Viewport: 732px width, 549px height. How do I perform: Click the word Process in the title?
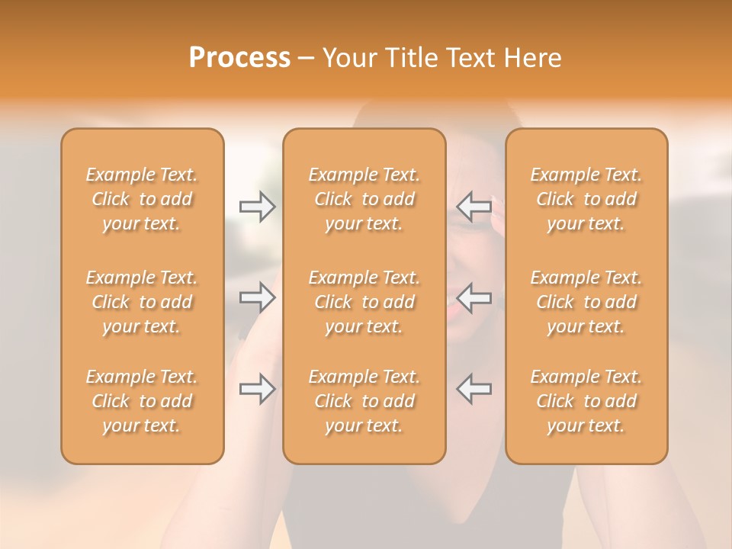pos(239,58)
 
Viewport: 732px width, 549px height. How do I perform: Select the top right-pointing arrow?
pos(257,207)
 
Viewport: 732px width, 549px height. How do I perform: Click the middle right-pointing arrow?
pos(257,297)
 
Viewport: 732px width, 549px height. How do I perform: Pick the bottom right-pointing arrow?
pos(257,389)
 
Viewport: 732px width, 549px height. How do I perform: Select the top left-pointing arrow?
pos(474,207)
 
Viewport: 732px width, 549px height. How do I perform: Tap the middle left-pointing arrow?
pos(474,297)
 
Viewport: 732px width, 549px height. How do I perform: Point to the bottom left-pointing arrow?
pos(474,389)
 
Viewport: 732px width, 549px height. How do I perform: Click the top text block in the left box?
pos(142,199)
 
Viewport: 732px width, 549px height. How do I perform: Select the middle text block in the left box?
pos(142,302)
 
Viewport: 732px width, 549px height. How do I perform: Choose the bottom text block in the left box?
pos(142,401)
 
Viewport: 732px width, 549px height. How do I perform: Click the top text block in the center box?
pos(364,199)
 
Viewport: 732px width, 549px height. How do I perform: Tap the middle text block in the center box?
pos(364,302)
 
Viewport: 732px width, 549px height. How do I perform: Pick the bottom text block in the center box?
pos(364,401)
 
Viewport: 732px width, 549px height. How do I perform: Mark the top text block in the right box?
pos(586,199)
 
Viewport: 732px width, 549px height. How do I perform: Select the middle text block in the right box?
pos(586,302)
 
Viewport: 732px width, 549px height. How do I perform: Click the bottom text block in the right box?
pos(586,401)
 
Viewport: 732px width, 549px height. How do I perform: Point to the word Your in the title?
pos(348,58)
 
